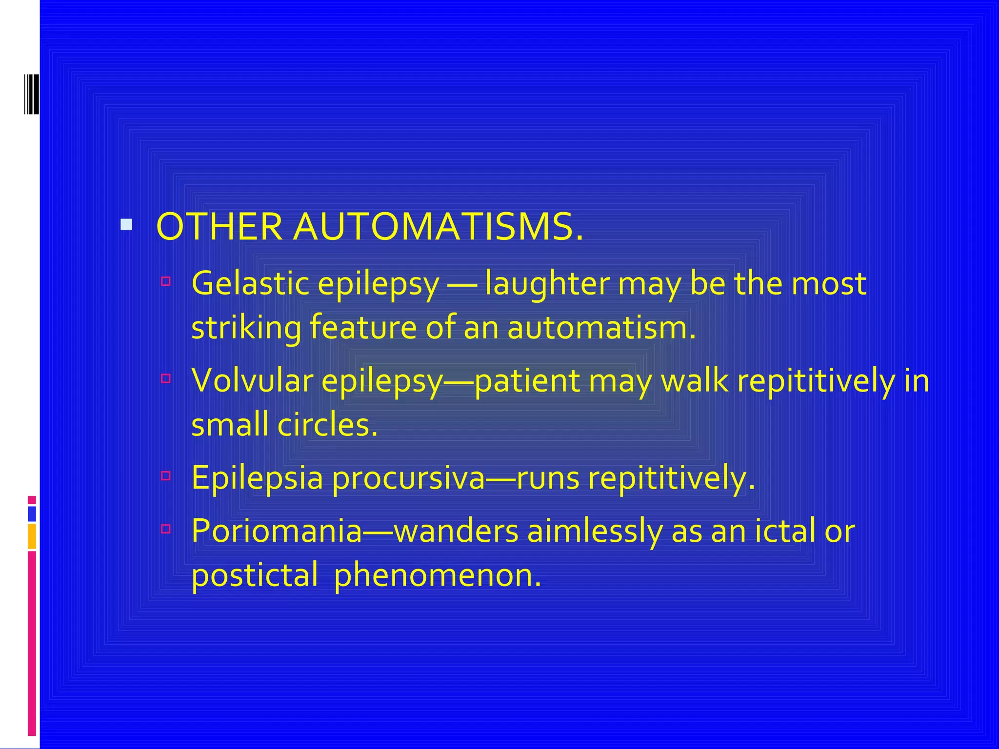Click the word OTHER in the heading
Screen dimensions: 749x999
coord(219,227)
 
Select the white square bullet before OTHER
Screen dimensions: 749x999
coord(126,225)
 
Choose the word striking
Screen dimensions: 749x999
coord(246,328)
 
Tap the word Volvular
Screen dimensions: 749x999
coord(252,380)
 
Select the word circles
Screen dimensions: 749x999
coord(327,424)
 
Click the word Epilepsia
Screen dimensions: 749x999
coord(257,478)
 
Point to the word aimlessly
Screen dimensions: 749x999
coord(595,531)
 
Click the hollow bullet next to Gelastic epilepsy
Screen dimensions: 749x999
coord(166,281)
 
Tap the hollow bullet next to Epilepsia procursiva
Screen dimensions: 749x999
coord(166,475)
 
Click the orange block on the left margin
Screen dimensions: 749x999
coord(32,536)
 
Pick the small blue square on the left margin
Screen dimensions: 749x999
coord(32,514)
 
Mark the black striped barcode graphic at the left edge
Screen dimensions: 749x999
coord(32,94)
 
